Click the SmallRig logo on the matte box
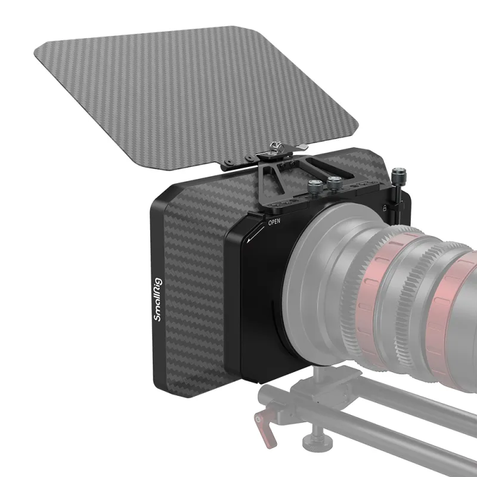tap(158, 299)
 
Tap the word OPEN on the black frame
tap(274, 222)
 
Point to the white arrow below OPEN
tap(256, 233)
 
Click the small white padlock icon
tap(385, 208)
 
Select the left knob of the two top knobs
tap(314, 186)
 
